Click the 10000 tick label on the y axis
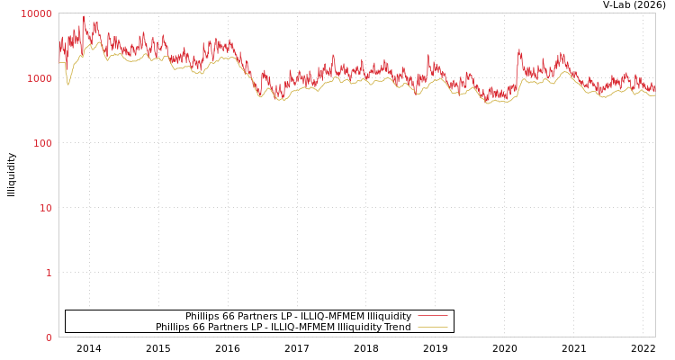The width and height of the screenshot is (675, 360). click(x=37, y=13)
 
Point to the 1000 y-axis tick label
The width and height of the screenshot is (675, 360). click(x=40, y=78)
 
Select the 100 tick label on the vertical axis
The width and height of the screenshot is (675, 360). click(x=42, y=143)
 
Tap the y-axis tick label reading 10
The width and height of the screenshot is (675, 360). click(x=45, y=208)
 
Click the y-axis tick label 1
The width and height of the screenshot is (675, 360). click(x=49, y=273)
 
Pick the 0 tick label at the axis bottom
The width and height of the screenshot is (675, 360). click(x=49, y=337)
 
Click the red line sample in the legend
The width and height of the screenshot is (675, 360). click(x=432, y=316)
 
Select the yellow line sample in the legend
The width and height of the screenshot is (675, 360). click(x=432, y=327)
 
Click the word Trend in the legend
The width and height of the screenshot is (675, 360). click(x=396, y=327)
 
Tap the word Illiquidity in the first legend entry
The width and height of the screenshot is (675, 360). click(x=389, y=316)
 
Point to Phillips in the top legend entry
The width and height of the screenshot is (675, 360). click(x=203, y=316)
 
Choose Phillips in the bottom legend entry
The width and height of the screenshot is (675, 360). click(x=174, y=327)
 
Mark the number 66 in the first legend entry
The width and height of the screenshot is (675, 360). click(x=231, y=316)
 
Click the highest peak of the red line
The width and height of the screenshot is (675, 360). click(x=84, y=16)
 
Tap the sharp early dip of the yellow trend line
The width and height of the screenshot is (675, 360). click(x=68, y=85)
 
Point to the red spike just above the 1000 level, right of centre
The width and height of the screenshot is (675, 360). click(x=519, y=50)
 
